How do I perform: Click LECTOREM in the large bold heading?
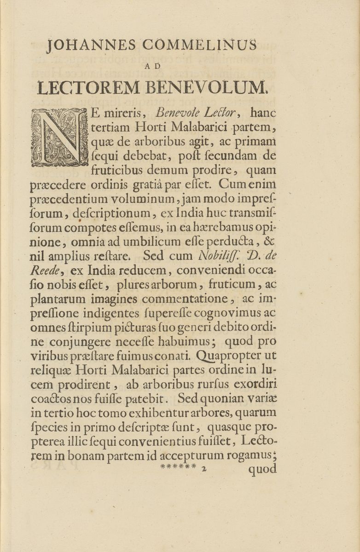(x=89, y=87)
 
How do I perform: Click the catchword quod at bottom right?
(x=263, y=470)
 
